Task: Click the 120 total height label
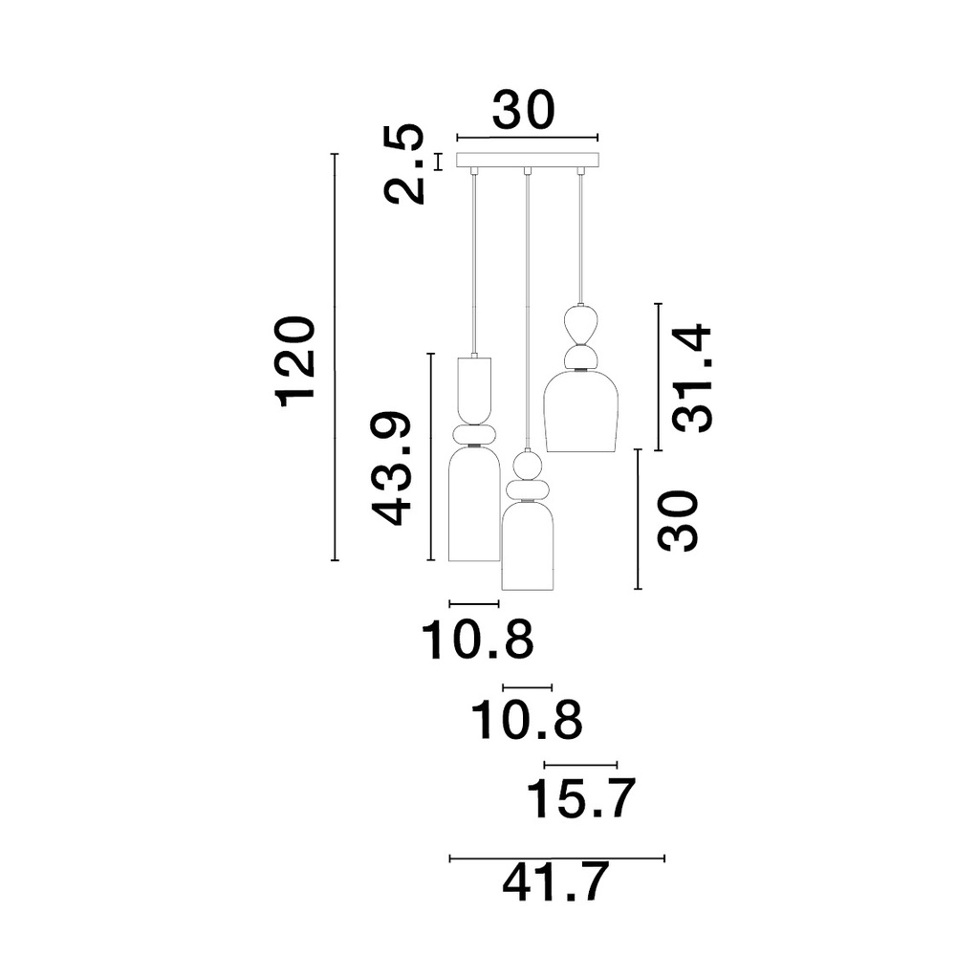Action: pyautogui.click(x=297, y=361)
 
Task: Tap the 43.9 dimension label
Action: pyautogui.click(x=391, y=468)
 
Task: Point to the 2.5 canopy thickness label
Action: pyautogui.click(x=403, y=163)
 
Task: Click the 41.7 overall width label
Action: pyautogui.click(x=555, y=881)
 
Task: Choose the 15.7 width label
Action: pyautogui.click(x=580, y=798)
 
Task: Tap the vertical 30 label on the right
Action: pyautogui.click(x=677, y=520)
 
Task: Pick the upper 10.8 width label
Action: pyautogui.click(x=477, y=640)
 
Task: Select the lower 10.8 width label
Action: pyautogui.click(x=528, y=720)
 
